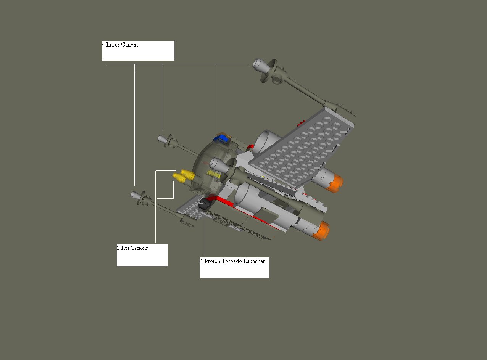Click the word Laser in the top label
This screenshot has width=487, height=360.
(113, 45)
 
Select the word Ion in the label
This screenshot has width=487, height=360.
(125, 248)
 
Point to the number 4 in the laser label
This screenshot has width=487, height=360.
(103, 45)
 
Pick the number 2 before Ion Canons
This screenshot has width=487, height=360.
(118, 248)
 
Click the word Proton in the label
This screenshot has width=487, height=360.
(212, 261)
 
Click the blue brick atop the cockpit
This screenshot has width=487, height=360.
(221, 139)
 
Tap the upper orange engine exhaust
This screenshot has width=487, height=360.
(334, 183)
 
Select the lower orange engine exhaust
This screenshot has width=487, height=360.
(321, 231)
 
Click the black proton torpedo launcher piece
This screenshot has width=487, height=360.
(204, 204)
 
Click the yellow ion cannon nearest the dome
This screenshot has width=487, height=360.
(188, 174)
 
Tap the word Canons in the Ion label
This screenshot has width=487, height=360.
(139, 248)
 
